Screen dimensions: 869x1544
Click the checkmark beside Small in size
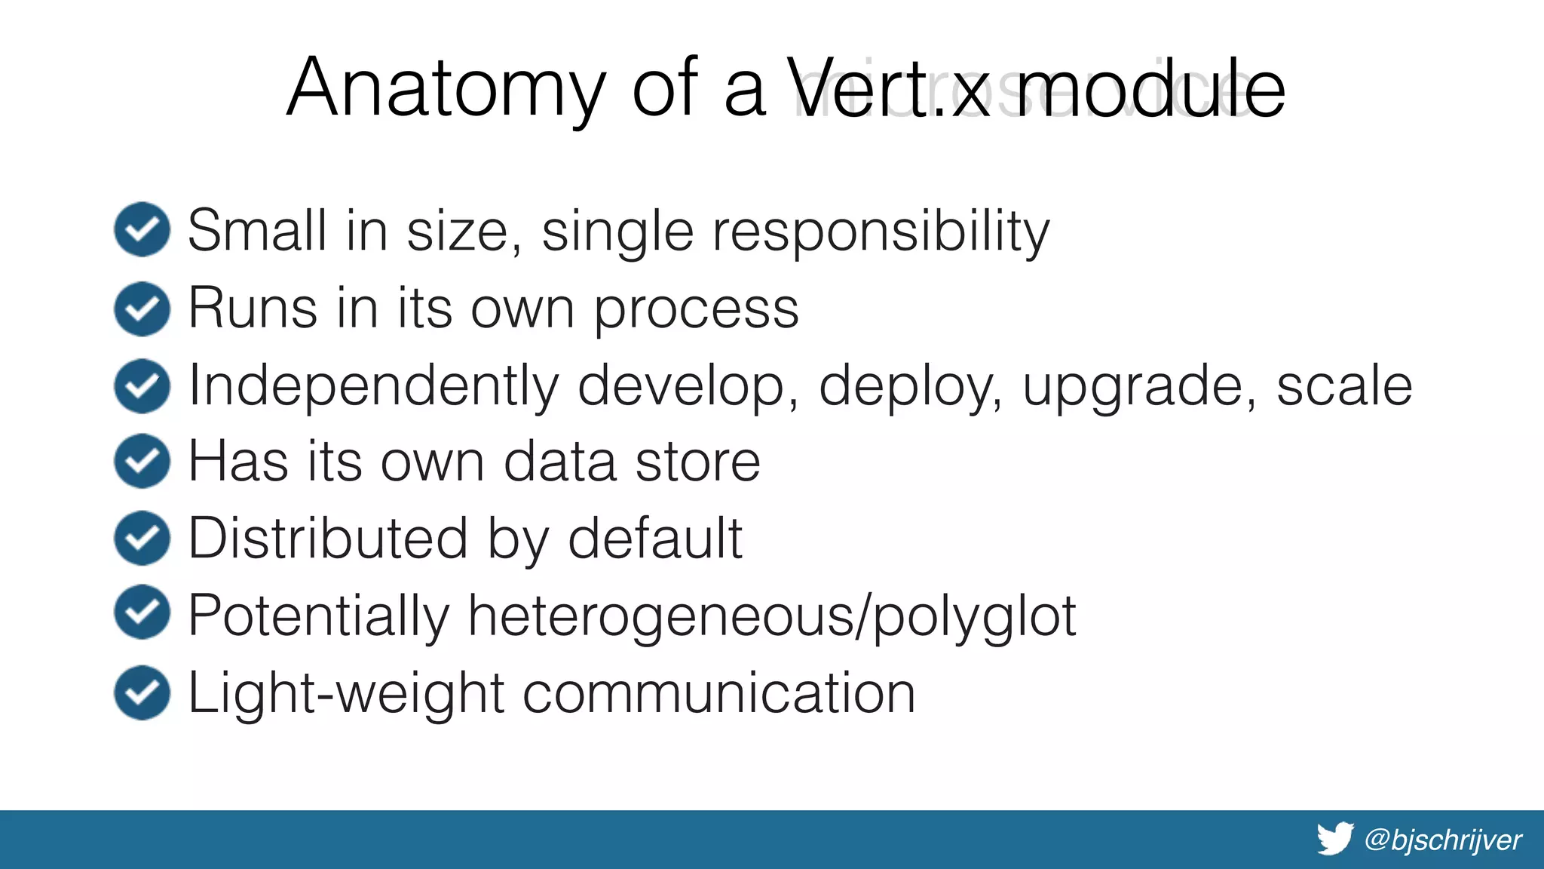142,229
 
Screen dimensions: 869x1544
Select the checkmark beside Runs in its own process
142,309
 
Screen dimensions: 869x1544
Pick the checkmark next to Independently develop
142,385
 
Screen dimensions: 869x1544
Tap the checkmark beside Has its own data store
142,461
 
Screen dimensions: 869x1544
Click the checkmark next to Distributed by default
142,538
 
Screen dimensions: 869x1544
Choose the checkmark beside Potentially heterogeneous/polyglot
142,613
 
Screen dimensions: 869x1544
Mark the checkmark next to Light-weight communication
142,692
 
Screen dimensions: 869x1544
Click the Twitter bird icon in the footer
1335,839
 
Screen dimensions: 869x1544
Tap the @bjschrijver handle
1443,840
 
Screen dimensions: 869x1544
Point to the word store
697,462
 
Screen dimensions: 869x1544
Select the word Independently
373,387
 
